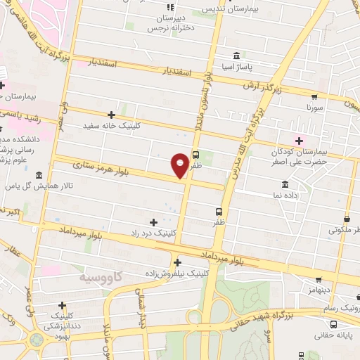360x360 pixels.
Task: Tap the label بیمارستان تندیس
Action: pos(229,9)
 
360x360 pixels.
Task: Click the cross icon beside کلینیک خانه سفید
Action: pos(111,115)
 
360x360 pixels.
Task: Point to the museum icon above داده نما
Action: pos(285,184)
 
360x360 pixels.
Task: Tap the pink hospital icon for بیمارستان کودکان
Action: pos(300,141)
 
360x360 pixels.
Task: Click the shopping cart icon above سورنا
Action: pos(314,98)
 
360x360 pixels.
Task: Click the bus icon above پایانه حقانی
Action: pos(333,324)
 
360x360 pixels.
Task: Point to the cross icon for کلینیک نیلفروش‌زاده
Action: pos(176,261)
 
